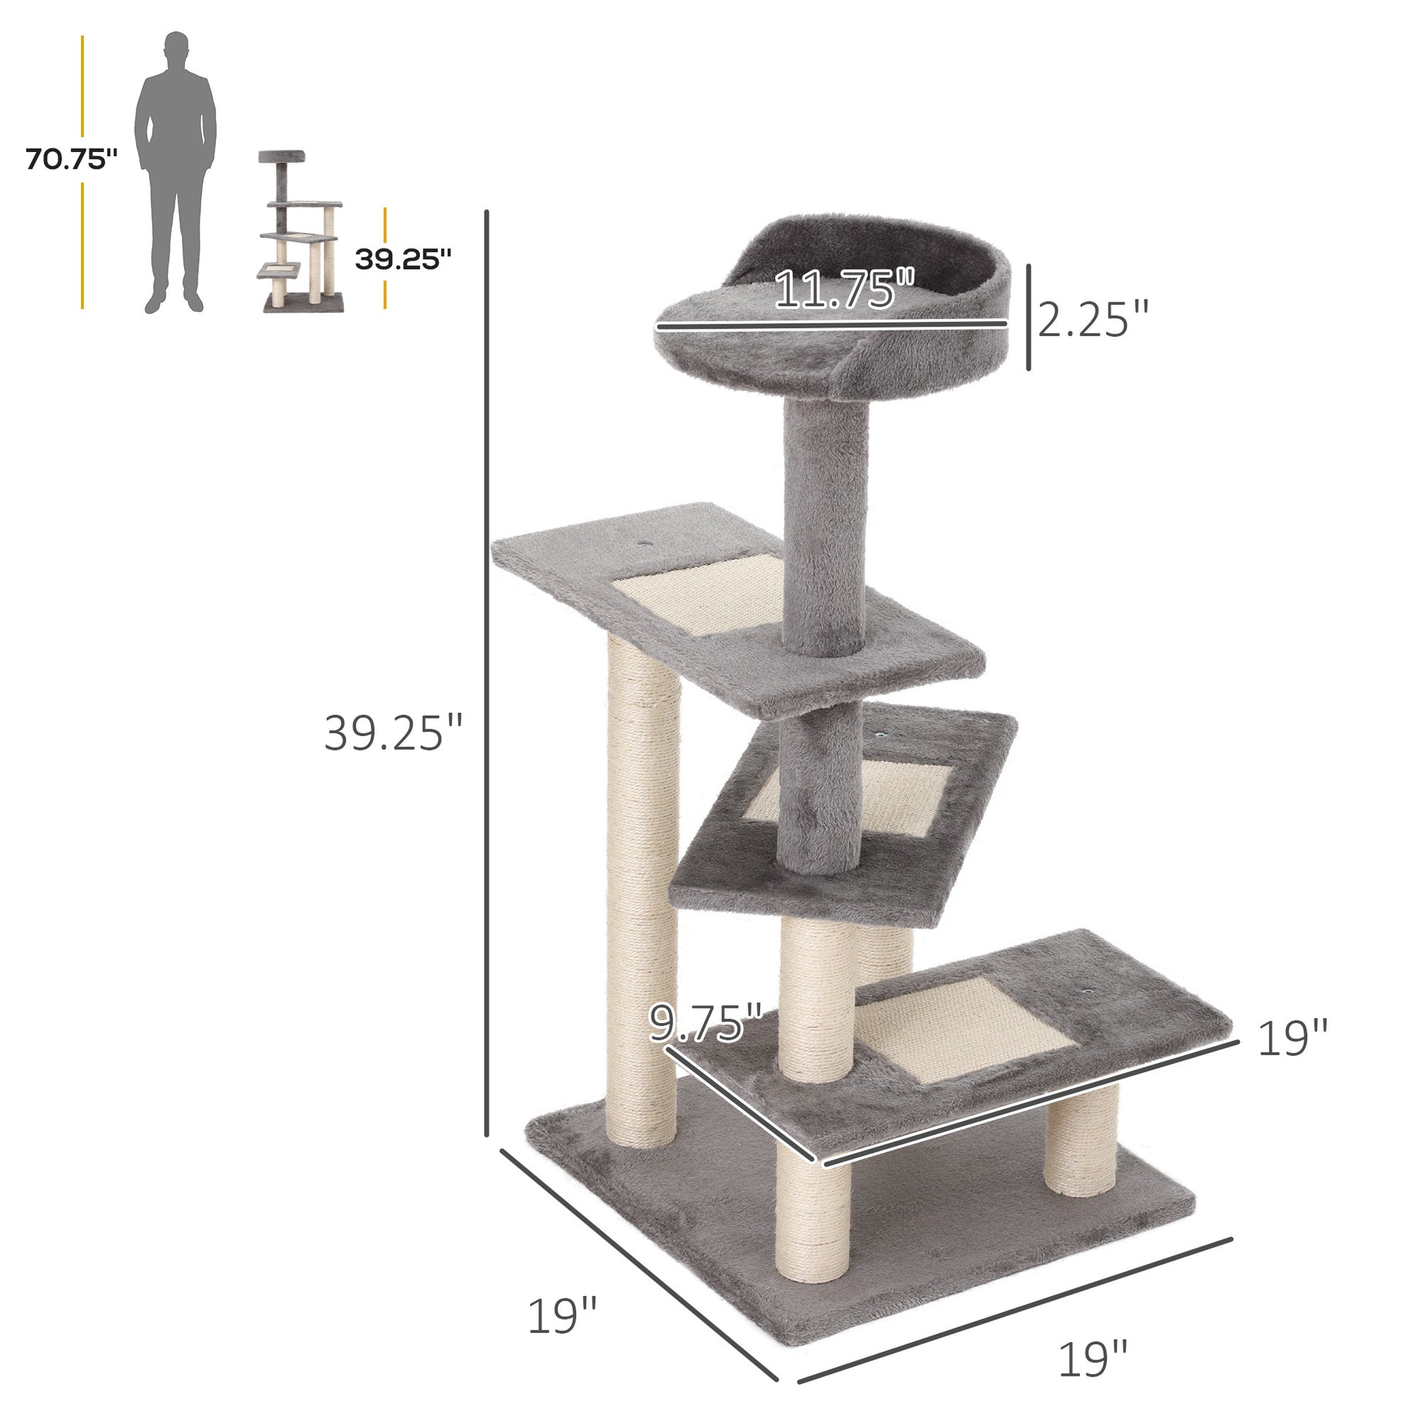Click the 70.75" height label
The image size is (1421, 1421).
[x=72, y=159]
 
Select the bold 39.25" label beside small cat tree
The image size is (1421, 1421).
[x=403, y=259]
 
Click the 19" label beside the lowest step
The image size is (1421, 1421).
[x=1292, y=1038]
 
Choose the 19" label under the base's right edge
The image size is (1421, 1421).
[x=1093, y=1358]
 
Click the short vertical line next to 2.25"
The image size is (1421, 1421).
[x=1028, y=317]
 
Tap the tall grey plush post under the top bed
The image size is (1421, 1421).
[x=824, y=529]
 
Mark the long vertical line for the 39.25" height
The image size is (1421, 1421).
[x=486, y=684]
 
